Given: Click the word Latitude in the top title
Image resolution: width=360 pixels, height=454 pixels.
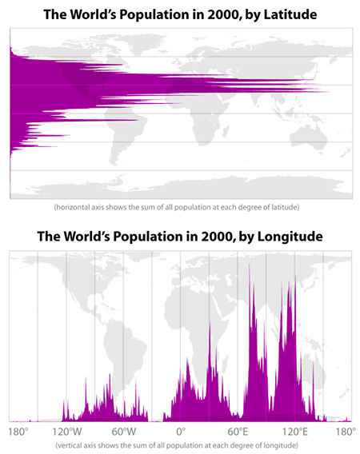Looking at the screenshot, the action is click(290, 14).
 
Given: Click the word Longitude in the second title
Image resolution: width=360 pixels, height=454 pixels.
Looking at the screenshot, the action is click(290, 237).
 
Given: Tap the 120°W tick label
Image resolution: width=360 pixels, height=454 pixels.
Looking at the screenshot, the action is click(67, 432).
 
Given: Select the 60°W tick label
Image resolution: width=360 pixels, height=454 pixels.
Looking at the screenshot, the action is click(124, 432).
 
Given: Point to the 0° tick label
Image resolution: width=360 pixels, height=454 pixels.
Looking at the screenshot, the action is click(181, 432).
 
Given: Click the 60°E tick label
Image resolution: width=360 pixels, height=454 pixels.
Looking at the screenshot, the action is click(238, 432).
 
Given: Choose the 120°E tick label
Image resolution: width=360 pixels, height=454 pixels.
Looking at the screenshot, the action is click(294, 432).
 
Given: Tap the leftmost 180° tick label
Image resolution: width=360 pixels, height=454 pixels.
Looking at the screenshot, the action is click(18, 432).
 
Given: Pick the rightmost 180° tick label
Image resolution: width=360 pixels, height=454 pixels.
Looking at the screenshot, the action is click(346, 432).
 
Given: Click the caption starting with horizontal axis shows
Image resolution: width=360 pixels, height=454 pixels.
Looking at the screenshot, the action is click(177, 207).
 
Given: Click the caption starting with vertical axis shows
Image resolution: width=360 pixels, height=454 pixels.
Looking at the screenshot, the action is click(177, 445).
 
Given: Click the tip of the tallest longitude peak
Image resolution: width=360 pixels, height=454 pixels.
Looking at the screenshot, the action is click(249, 264).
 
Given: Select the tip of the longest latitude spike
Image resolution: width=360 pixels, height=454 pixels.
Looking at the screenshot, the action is click(329, 92).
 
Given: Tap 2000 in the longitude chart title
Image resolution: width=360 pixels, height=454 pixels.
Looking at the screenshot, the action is click(218, 237).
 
